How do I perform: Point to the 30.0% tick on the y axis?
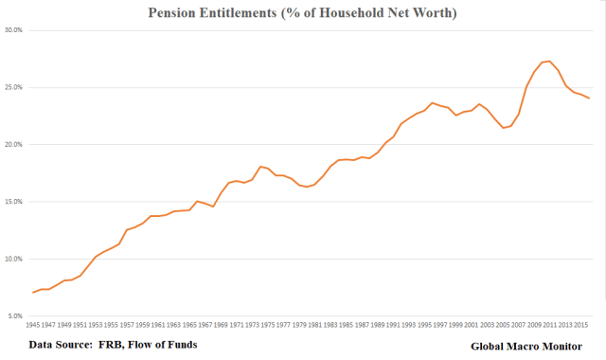tap(12, 30)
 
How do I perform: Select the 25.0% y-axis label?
tap(12, 87)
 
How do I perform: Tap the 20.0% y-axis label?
tap(12, 144)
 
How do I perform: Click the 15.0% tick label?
tap(12, 202)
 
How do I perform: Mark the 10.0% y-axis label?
tap(12, 259)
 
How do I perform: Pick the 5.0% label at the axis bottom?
tap(13, 315)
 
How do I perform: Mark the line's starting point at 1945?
tap(33, 292)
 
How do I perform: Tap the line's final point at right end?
tap(590, 98)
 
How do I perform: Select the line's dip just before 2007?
tap(503, 127)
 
